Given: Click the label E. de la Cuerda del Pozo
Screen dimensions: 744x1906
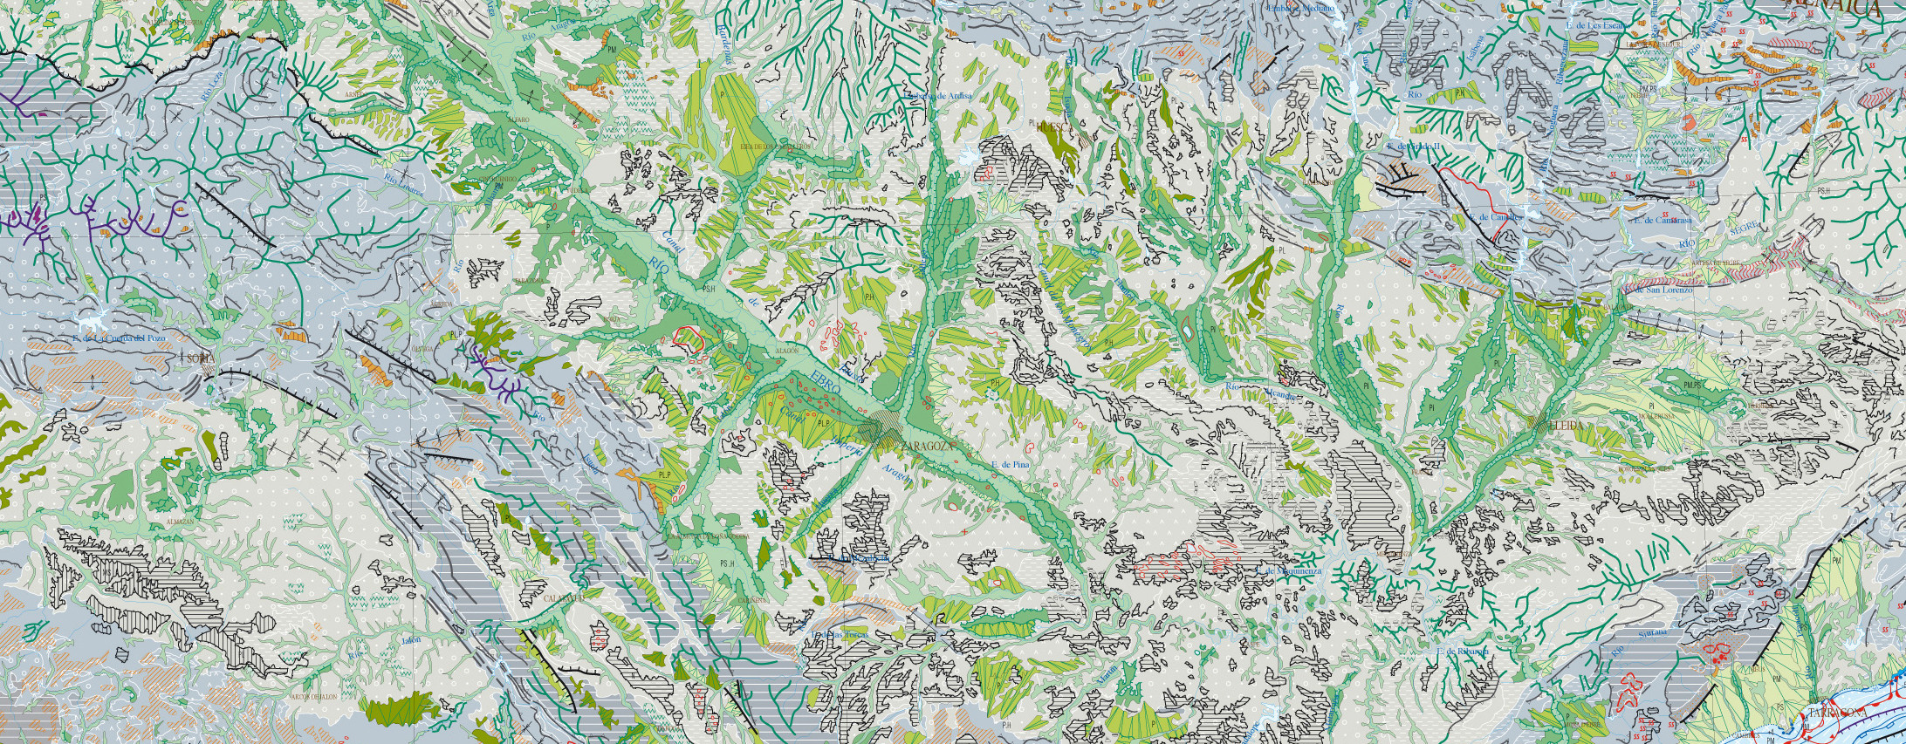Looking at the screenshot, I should (119, 338).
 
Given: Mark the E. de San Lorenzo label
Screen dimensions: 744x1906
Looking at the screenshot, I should (1663, 290).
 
